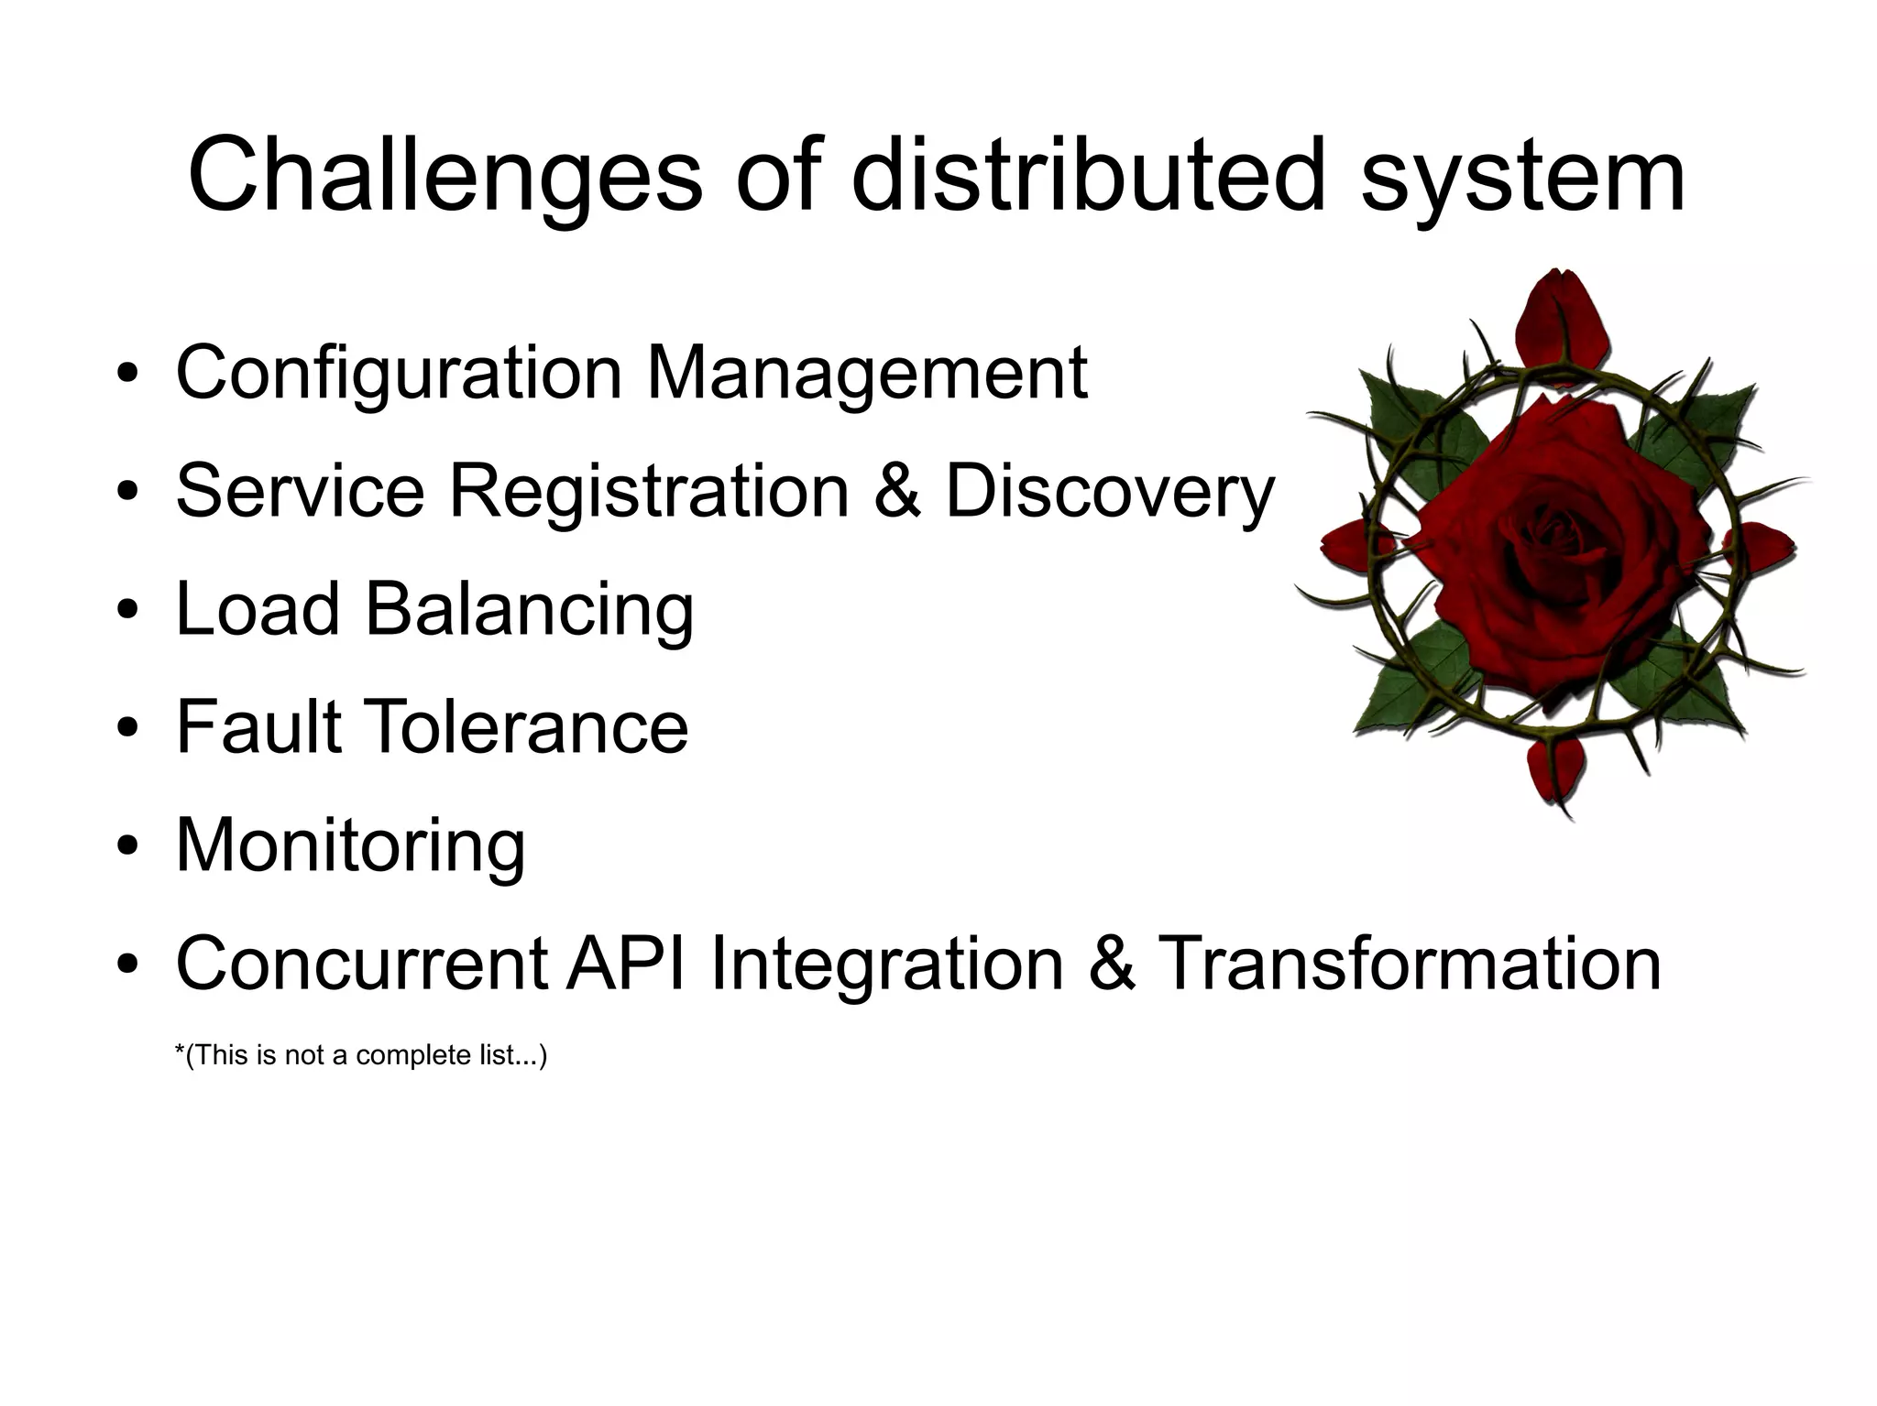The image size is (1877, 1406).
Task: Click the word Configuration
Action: point(399,373)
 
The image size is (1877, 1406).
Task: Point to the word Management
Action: point(867,373)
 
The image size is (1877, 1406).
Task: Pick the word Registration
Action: point(650,491)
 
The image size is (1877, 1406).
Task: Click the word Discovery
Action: point(1109,493)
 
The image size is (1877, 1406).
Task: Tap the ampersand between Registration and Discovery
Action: point(897,491)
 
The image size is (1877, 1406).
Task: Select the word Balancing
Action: point(530,609)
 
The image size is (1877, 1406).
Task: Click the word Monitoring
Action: point(350,846)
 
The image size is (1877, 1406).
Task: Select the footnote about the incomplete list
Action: point(360,1055)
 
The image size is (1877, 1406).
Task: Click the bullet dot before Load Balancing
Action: point(128,610)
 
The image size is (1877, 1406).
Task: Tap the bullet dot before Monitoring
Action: point(128,845)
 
